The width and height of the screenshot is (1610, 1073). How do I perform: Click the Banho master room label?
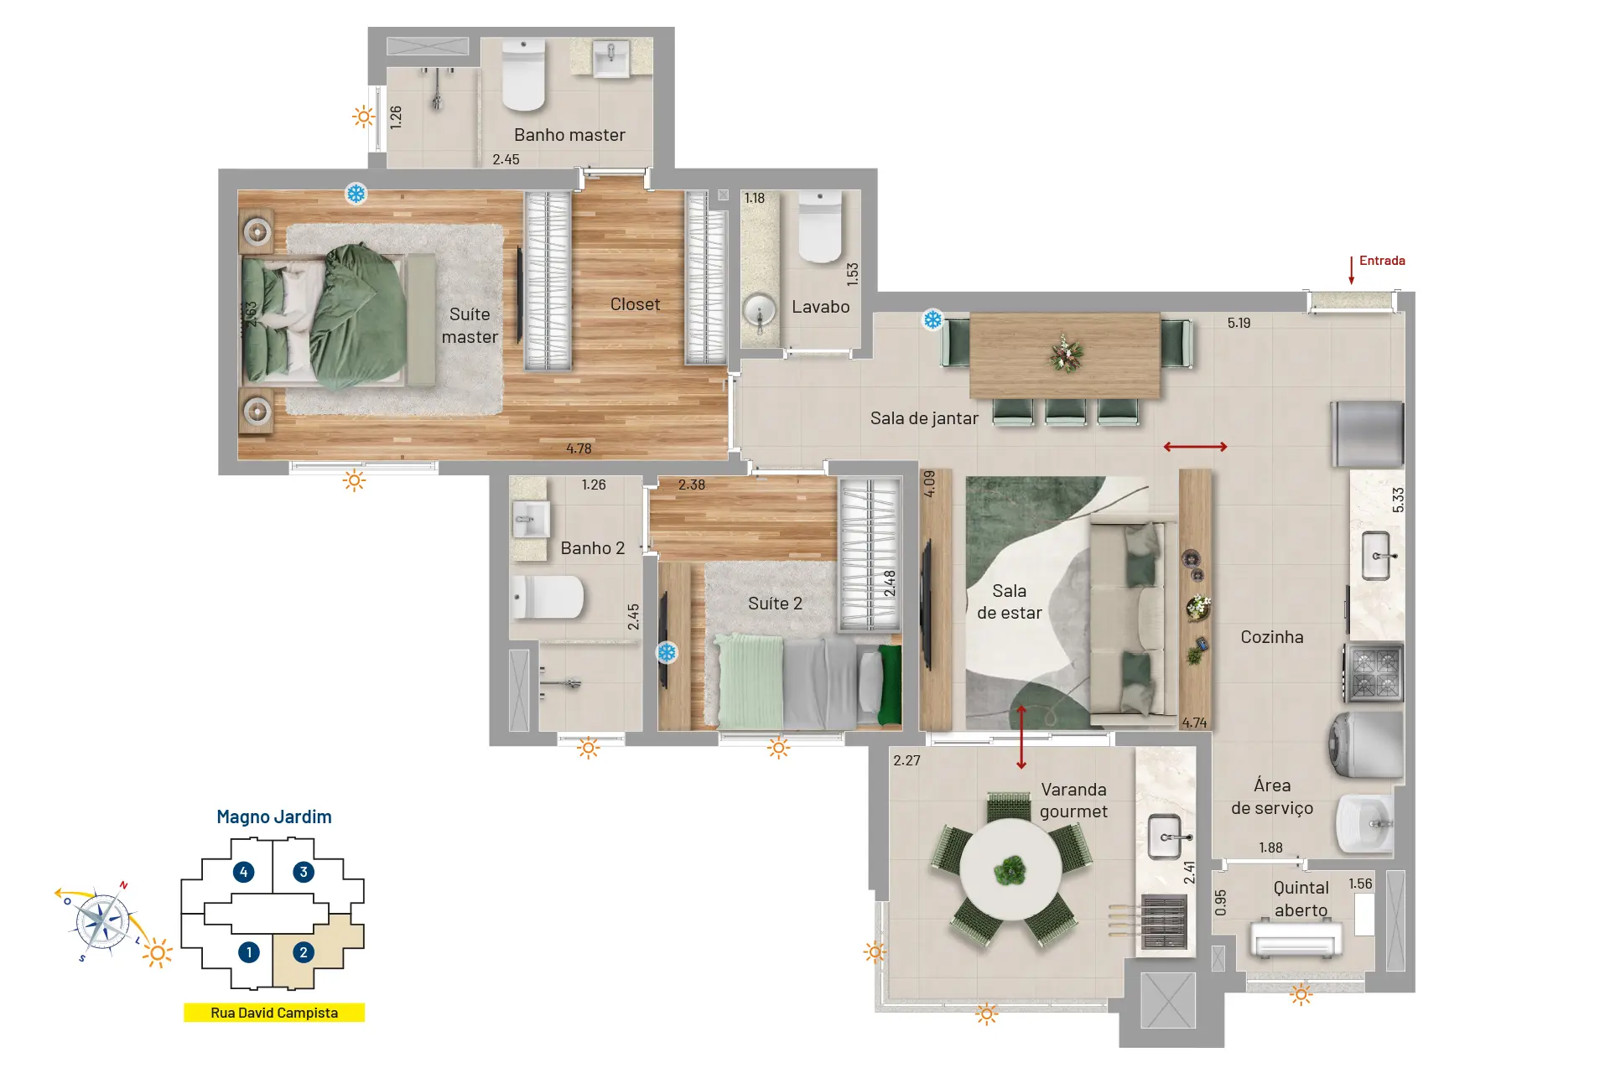tap(569, 135)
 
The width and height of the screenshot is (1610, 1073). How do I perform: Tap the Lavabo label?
tap(820, 307)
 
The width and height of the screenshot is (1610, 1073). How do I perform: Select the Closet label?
tap(635, 304)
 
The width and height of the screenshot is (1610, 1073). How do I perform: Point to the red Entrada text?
tap(1382, 261)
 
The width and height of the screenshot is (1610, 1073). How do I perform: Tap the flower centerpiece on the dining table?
tap(1066, 354)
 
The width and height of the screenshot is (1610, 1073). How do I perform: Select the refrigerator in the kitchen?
tap(1368, 434)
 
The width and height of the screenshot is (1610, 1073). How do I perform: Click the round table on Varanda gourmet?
tap(1011, 869)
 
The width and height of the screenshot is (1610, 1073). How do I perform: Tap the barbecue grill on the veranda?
tap(1165, 920)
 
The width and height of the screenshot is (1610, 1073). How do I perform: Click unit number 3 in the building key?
tap(304, 872)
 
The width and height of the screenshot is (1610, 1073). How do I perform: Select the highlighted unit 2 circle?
tap(304, 952)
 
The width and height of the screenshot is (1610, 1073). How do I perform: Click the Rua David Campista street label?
tap(274, 1013)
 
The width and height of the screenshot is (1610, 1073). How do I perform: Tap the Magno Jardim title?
tap(274, 816)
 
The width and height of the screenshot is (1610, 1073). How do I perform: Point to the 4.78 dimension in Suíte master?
tap(579, 448)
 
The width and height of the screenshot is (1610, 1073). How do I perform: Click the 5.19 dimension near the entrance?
tap(1239, 323)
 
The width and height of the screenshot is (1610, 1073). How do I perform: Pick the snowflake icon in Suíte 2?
tap(667, 652)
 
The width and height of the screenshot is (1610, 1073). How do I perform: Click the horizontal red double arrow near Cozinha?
tap(1196, 447)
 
